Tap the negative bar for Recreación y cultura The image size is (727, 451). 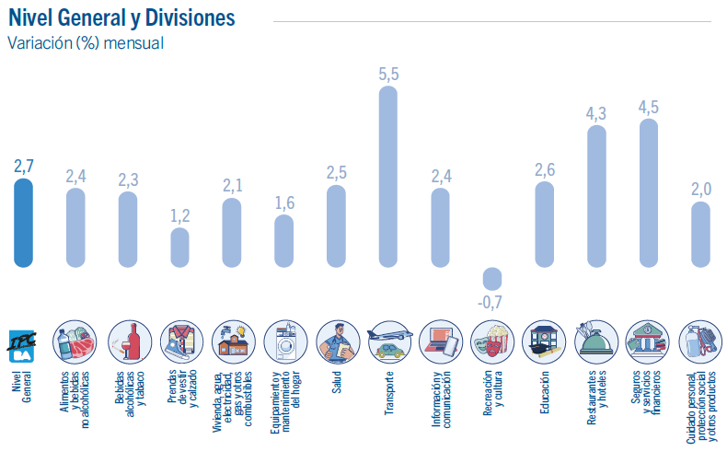coord(492,278)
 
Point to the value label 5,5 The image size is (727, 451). coord(388,75)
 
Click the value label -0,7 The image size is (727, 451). coord(491,302)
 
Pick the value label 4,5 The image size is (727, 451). coord(649,107)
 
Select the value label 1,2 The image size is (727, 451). coord(180,215)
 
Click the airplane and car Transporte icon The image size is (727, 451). coord(388,342)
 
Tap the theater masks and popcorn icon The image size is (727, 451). coord(492,342)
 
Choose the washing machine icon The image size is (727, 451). coord(284,342)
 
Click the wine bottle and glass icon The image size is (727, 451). coord(129,342)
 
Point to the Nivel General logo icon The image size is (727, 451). coord(24,343)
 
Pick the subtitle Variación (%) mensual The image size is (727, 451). coord(86,43)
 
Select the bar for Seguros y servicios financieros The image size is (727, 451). coord(649,193)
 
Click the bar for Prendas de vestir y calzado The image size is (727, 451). coord(180,247)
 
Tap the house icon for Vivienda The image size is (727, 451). coord(233,342)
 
